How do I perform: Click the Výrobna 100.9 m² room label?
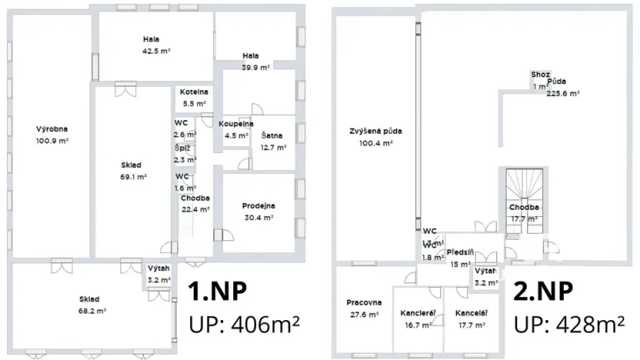pos(52,135)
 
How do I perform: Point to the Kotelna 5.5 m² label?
pos(194,97)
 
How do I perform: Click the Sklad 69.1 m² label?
pos(132,170)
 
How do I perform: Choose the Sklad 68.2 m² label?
pos(90,305)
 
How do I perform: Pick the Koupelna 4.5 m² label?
pos(235,129)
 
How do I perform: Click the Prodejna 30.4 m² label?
pos(258,211)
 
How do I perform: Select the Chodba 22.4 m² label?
pos(195,204)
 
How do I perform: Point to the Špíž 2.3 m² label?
pos(184,154)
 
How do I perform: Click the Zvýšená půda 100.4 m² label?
pos(375,136)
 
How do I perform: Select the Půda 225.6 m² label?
pos(562,87)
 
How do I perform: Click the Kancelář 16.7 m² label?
pos(418,319)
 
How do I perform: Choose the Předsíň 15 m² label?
pos(461,258)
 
